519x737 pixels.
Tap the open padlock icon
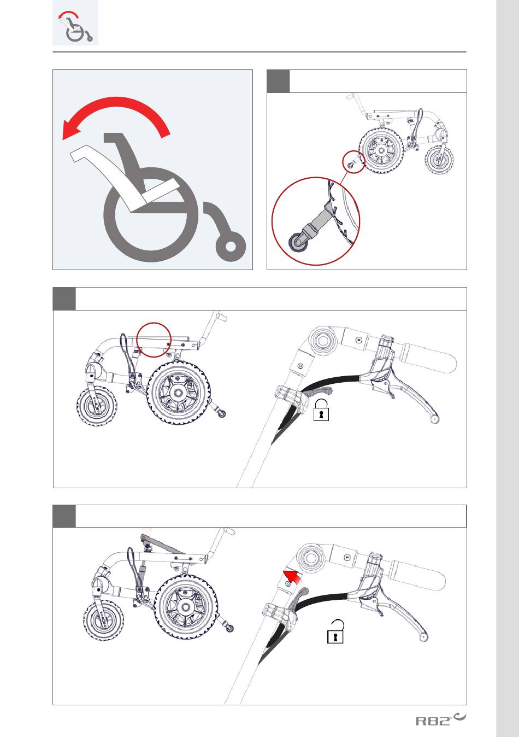click(x=335, y=631)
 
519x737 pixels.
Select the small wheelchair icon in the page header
click(x=75, y=26)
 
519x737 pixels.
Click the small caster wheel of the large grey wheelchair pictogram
click(x=231, y=247)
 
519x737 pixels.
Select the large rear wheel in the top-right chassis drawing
click(x=381, y=150)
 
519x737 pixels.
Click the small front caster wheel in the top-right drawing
click(x=439, y=160)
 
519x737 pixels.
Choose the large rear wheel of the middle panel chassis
click(x=179, y=393)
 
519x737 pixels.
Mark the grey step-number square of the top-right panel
click(x=278, y=81)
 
